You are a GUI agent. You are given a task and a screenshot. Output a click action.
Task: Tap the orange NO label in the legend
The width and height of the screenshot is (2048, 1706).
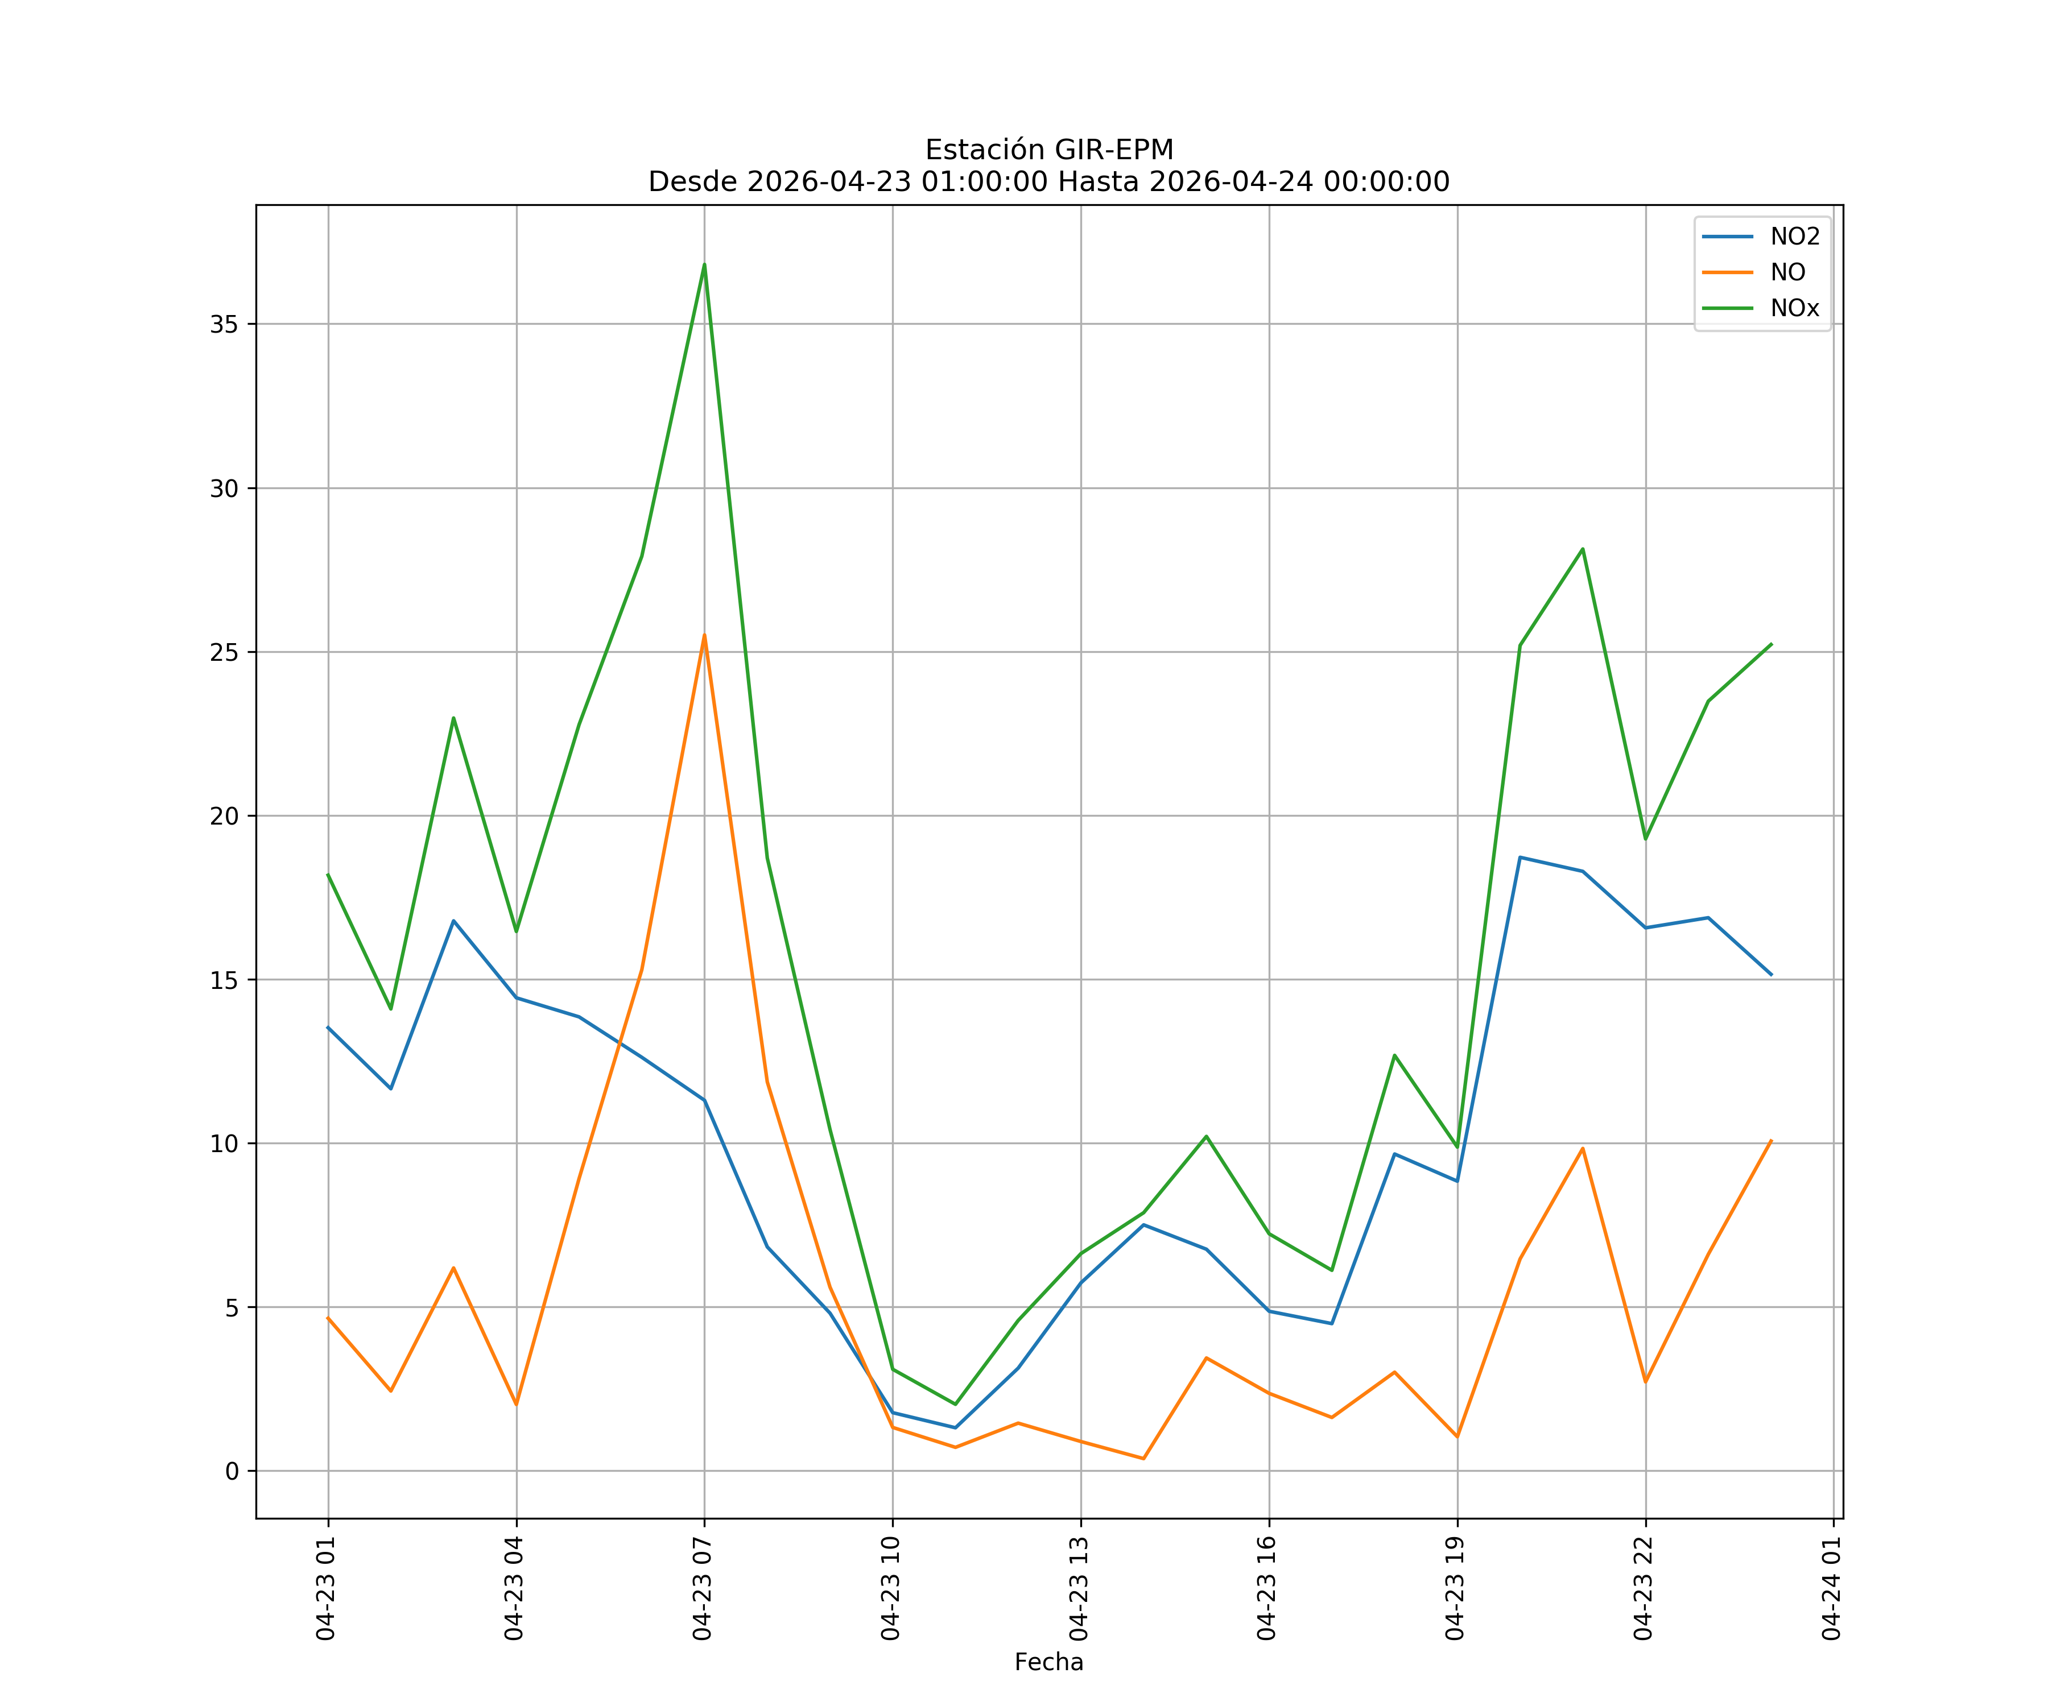point(1787,273)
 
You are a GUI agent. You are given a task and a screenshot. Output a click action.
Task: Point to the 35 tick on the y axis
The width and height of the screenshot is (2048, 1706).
point(224,325)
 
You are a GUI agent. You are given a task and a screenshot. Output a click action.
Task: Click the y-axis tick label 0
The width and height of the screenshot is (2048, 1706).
point(232,1471)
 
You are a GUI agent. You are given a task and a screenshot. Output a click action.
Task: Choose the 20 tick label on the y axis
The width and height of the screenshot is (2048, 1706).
point(224,816)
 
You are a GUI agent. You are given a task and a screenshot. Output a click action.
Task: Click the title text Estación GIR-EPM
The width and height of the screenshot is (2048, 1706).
point(1050,150)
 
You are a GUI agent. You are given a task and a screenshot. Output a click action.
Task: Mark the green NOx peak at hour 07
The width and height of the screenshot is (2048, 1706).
point(704,264)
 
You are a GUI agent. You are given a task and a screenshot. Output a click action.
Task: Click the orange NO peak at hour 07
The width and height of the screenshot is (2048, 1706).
point(704,636)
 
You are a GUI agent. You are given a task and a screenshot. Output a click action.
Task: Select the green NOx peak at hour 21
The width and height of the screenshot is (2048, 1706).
point(1583,549)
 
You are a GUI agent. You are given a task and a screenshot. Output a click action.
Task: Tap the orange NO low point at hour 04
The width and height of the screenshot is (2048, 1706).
point(516,1405)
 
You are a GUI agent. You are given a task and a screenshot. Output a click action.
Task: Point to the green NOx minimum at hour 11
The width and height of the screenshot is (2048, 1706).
point(955,1404)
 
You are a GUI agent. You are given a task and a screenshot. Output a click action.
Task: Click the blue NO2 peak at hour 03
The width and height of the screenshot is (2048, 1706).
point(453,920)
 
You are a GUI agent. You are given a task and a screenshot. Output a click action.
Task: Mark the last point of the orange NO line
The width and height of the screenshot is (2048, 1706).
point(1771,1141)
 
